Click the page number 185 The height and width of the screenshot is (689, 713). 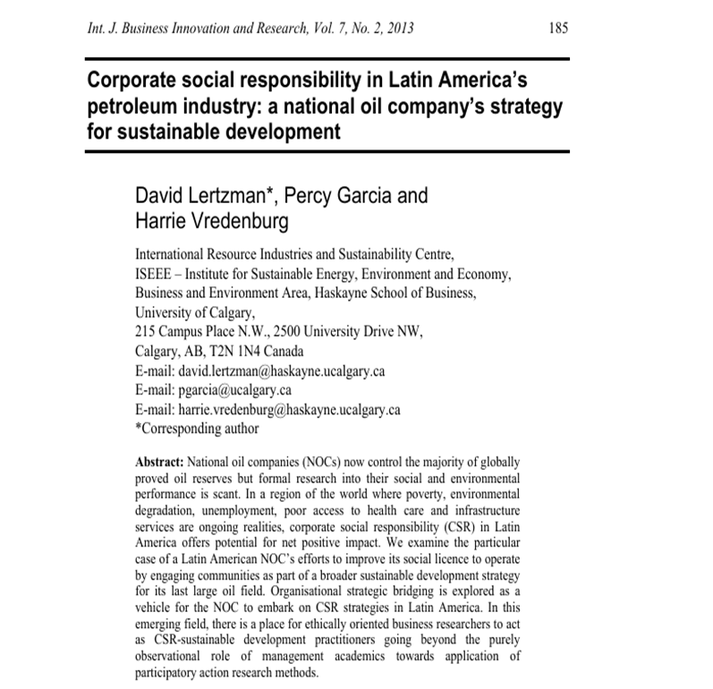coord(557,29)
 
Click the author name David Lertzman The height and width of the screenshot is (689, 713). coord(202,195)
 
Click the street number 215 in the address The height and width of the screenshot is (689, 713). coord(145,331)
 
